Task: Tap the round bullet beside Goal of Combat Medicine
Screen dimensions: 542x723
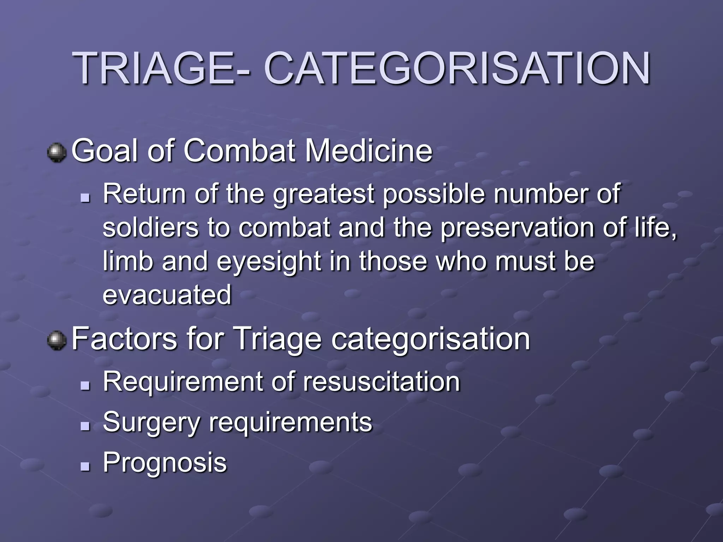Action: pos(56,153)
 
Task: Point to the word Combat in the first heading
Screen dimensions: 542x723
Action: pos(240,151)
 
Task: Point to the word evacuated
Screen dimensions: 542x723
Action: pos(167,295)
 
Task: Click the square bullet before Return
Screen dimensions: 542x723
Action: pos(85,199)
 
